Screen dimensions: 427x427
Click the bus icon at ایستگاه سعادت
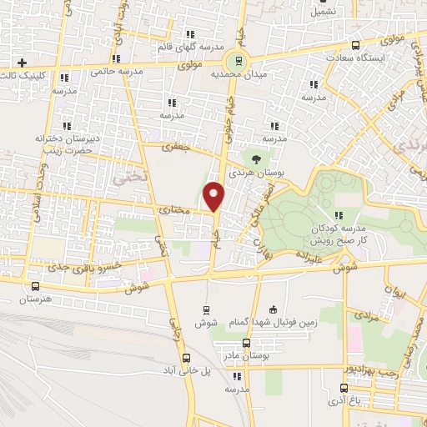click(356, 46)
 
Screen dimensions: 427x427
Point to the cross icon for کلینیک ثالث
click(23, 63)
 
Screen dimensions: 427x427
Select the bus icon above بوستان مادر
click(245, 343)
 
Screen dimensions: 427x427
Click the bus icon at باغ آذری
click(344, 388)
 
